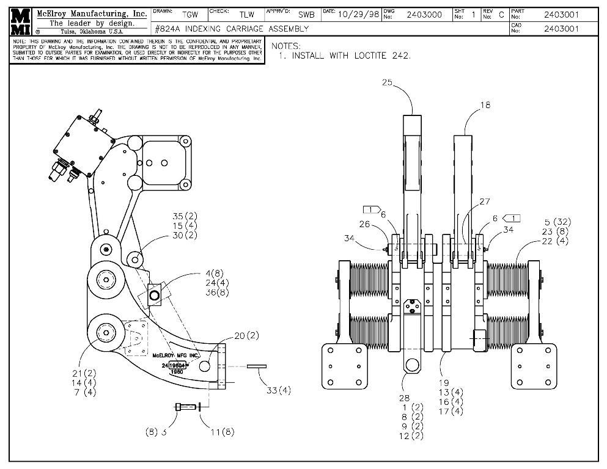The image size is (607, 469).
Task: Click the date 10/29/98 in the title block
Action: point(358,15)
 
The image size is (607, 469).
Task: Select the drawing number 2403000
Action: point(424,15)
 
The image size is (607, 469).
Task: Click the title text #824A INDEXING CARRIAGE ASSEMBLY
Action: point(232,29)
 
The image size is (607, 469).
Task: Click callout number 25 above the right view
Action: point(387,82)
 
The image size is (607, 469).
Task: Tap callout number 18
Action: point(485,105)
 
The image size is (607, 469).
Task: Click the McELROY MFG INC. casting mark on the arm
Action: point(176,355)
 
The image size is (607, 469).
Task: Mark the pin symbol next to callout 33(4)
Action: point(257,367)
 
